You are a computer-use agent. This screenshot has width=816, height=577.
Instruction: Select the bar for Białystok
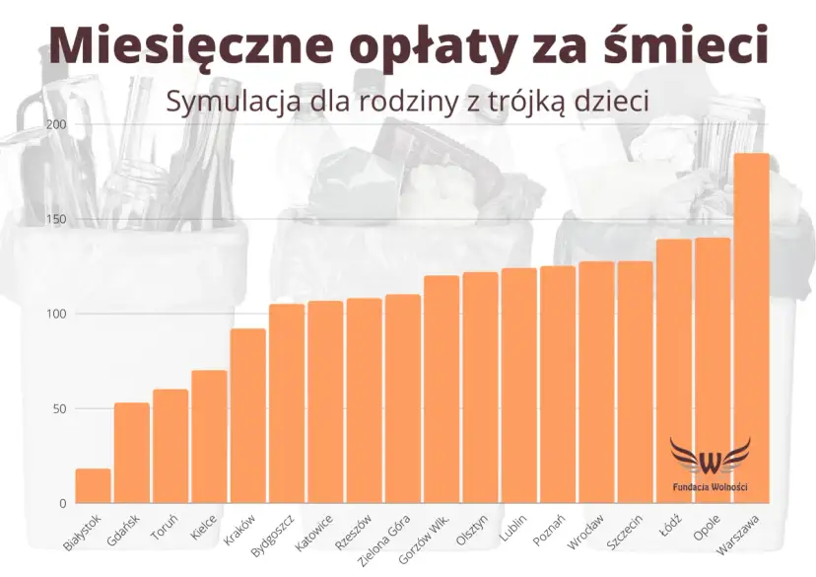click(93, 486)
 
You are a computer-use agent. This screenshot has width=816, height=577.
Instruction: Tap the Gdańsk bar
click(131, 454)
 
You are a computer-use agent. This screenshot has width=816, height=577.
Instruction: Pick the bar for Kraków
click(247, 416)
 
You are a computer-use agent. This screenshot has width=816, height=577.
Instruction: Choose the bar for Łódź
click(674, 371)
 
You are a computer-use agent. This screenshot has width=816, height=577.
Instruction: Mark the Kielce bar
click(209, 437)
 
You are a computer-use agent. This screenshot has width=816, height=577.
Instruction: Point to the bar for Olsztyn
click(480, 388)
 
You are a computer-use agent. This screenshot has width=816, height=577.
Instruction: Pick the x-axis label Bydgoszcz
click(272, 536)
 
